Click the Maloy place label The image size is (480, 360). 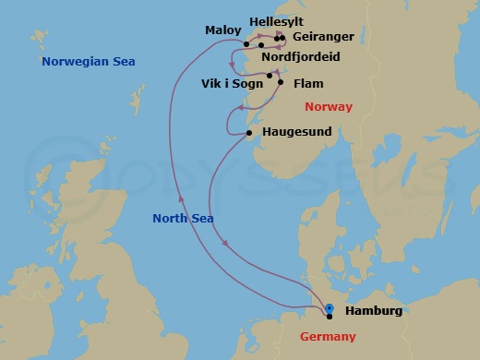tap(222, 30)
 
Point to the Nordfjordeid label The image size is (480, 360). tap(300, 56)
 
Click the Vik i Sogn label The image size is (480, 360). tap(231, 83)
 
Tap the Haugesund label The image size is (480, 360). tap(296, 133)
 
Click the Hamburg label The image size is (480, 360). tap(373, 310)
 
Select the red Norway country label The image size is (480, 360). tap(328, 107)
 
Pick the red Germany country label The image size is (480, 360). tap(328, 336)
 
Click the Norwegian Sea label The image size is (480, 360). tap(89, 62)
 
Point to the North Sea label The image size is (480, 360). tap(184, 218)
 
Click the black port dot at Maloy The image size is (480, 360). tap(247, 44)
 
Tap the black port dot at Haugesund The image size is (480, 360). tap(250, 134)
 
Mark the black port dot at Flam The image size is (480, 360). tap(281, 83)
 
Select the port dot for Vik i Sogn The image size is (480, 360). tap(270, 76)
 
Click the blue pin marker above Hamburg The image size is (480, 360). tap(330, 307)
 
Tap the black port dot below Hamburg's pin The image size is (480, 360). tap(330, 318)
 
